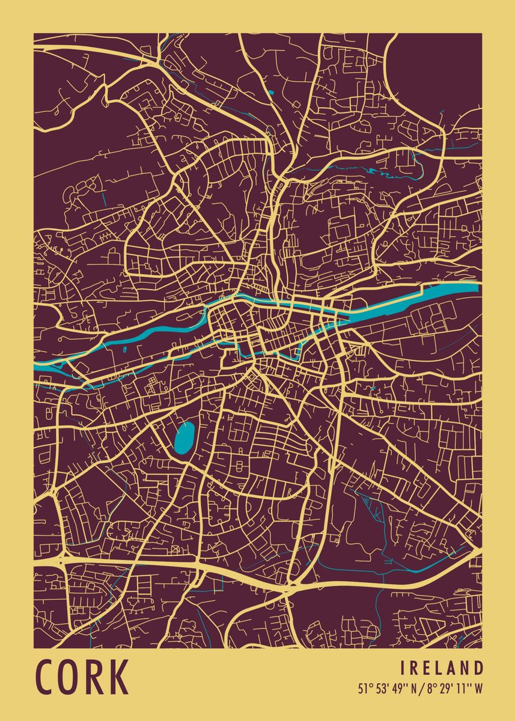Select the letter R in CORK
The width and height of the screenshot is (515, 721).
tap(94, 677)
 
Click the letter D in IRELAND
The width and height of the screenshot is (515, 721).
tap(478, 668)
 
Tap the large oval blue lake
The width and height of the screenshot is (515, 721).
tap(184, 438)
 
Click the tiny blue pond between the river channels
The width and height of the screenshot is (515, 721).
tap(124, 349)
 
